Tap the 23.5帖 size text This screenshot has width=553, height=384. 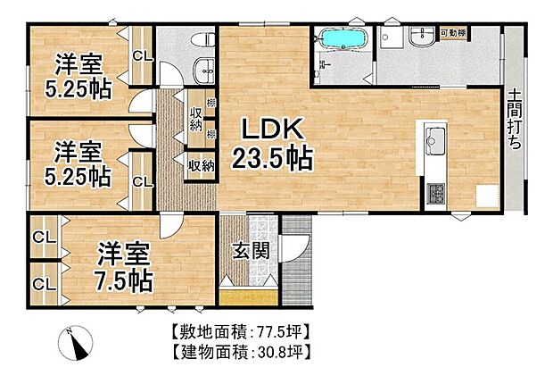click(272, 160)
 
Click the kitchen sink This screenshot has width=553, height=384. click(436, 140)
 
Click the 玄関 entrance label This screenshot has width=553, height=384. click(252, 251)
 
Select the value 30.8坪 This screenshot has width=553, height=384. click(281, 351)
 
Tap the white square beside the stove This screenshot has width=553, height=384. click(486, 196)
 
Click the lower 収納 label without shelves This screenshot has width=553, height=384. click(200, 164)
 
